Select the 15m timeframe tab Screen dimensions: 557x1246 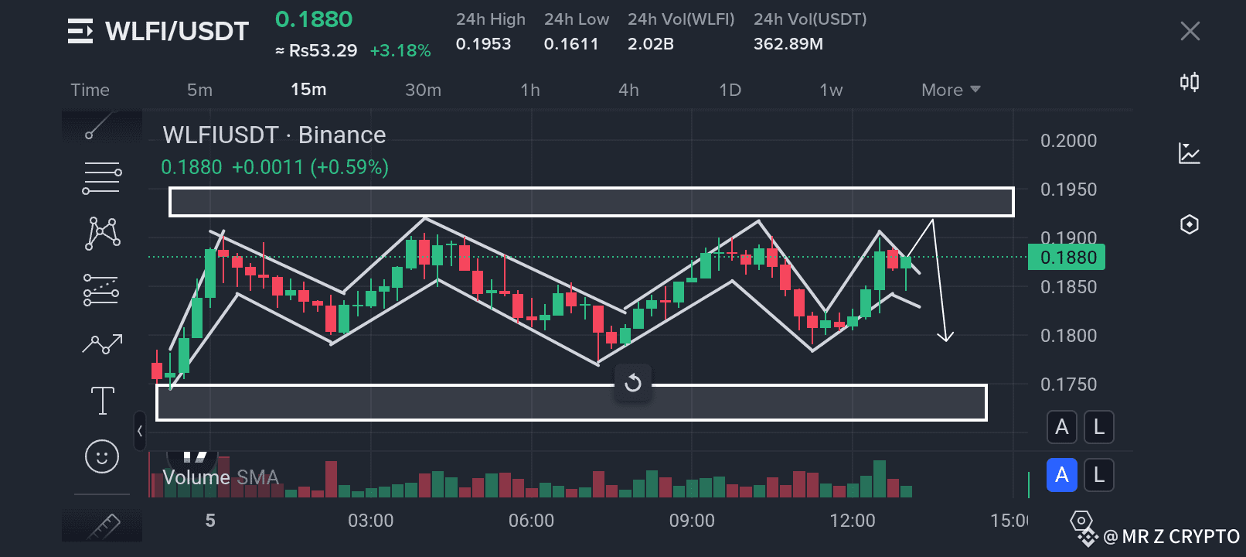tap(308, 90)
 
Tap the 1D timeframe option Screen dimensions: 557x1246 tap(730, 90)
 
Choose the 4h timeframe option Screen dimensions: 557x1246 tap(628, 90)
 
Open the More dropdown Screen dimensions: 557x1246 tap(950, 90)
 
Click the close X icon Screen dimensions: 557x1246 tap(1190, 31)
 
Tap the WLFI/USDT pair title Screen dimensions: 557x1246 tap(176, 31)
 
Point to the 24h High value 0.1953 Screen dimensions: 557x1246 tap(483, 44)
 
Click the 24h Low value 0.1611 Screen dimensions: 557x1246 tap(571, 44)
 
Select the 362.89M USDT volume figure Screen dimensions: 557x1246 tap(788, 44)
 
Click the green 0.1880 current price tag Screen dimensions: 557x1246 tap(1067, 257)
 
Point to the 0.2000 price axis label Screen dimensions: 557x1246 tap(1068, 141)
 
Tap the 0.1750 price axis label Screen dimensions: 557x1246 tap(1068, 384)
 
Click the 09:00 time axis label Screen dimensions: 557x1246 tap(692, 521)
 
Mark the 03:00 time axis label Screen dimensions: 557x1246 tap(370, 521)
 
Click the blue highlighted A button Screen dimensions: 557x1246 tap(1061, 474)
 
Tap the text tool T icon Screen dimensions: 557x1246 tap(102, 401)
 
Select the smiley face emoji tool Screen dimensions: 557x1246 tap(102, 456)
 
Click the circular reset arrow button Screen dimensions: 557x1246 tap(633, 383)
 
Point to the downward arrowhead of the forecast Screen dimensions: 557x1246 tap(945, 337)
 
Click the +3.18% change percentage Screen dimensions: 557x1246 tap(400, 51)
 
